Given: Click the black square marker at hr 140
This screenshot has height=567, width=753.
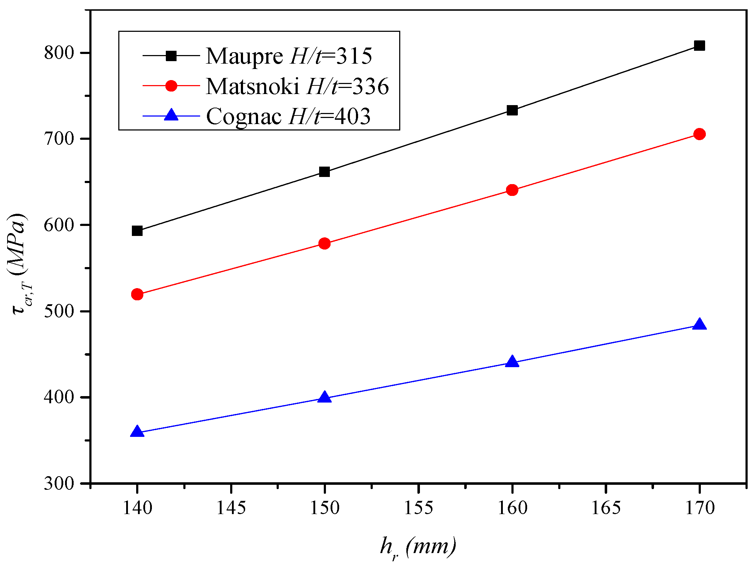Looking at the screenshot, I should [137, 231].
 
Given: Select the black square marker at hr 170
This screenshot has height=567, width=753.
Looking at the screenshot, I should [699, 46].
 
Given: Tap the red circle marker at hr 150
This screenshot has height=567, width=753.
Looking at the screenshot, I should [325, 244].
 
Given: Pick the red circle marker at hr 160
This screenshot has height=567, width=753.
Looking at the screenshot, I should [512, 190].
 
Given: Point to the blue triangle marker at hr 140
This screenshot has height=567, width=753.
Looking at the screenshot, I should [137, 432].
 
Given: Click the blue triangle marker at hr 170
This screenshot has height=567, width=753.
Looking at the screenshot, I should [699, 325].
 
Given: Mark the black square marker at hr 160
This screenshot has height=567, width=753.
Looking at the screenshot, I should [512, 110].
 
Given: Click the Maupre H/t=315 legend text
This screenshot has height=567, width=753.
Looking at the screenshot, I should [289, 56].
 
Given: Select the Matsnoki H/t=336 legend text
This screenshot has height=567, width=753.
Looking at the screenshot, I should [297, 87].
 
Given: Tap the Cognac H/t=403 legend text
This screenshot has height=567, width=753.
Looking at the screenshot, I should [288, 116].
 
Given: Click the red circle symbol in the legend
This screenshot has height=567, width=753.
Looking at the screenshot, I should [171, 86].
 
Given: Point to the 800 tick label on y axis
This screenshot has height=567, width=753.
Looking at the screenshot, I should [59, 53].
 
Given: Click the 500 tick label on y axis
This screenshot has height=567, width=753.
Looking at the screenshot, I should [59, 311].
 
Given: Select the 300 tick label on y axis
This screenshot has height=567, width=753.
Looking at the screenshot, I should [59, 483].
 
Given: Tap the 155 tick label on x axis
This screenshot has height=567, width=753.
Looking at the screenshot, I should [418, 508].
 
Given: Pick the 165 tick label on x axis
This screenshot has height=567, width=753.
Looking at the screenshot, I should [606, 508].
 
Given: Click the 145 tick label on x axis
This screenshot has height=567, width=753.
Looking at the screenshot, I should [231, 508].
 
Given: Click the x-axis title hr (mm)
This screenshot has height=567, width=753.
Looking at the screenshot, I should [418, 547].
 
